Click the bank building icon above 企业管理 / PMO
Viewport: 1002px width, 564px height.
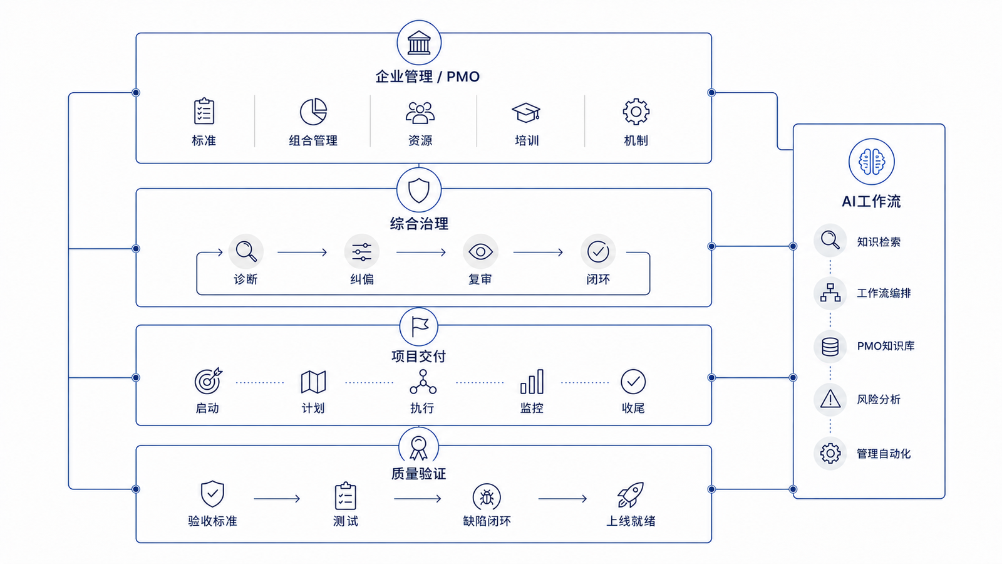419,43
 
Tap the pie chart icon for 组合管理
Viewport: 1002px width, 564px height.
313,112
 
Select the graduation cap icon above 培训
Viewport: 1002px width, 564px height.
526,112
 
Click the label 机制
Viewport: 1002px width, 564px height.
636,140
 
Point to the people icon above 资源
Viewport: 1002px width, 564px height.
420,112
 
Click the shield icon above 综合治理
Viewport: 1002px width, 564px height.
419,191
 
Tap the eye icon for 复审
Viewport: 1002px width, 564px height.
480,252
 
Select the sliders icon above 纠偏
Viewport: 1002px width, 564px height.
362,252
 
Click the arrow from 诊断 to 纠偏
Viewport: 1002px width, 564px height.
302,253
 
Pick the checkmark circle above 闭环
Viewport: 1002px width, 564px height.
598,251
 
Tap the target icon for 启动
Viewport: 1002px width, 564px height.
208,381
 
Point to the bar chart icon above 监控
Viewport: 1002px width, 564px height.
532,382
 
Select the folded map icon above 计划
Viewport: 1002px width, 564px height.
313,382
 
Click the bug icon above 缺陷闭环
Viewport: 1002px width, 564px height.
487,497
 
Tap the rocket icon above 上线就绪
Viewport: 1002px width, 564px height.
631,494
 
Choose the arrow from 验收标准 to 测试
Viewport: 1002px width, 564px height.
277,499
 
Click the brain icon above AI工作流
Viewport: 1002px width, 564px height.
871,162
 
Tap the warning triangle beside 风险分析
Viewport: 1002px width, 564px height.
830,399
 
